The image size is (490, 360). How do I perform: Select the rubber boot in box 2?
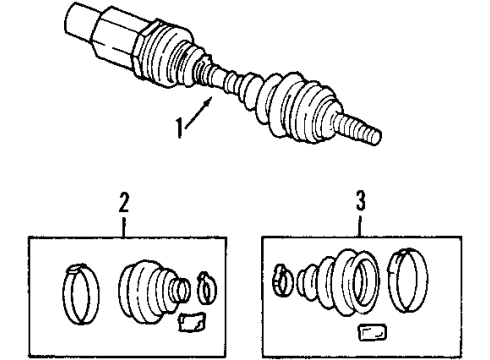pyautogui.click(x=147, y=293)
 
